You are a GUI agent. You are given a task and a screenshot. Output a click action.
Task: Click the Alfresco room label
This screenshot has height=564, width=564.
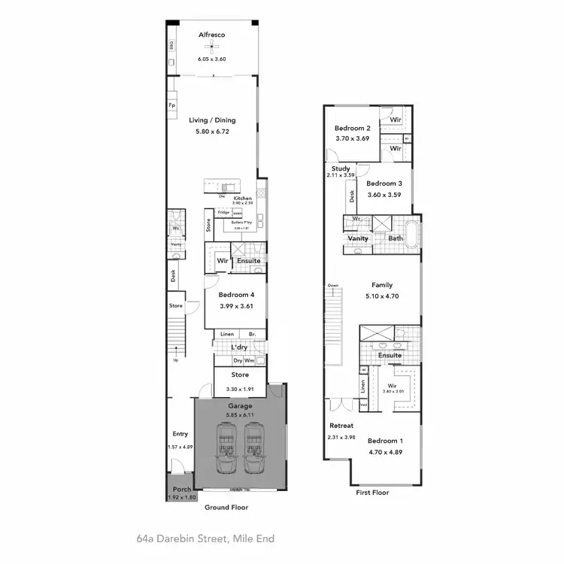click(212, 35)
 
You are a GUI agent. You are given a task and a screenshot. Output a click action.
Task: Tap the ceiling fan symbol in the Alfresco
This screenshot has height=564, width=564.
click(212, 48)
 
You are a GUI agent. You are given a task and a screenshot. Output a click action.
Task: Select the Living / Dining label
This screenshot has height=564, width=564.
click(212, 120)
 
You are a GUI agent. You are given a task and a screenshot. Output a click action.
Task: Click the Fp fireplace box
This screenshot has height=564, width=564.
click(172, 105)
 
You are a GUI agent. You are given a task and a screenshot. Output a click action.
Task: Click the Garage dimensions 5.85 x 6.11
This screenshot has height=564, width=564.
click(241, 414)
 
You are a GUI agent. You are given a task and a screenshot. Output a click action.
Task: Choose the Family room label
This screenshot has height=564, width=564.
click(383, 286)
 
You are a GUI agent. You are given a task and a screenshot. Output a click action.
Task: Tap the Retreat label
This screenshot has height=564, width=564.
click(341, 426)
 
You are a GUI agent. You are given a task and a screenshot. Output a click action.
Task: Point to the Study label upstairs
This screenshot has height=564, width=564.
click(341, 168)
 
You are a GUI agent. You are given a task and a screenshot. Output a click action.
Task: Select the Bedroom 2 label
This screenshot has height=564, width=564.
click(352, 128)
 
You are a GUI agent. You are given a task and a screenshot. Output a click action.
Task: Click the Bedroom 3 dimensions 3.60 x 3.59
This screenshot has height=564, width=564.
click(384, 195)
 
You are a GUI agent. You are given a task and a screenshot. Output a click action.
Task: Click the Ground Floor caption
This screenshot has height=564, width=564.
click(226, 508)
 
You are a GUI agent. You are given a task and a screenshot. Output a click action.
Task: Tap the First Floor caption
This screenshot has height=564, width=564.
click(372, 492)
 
